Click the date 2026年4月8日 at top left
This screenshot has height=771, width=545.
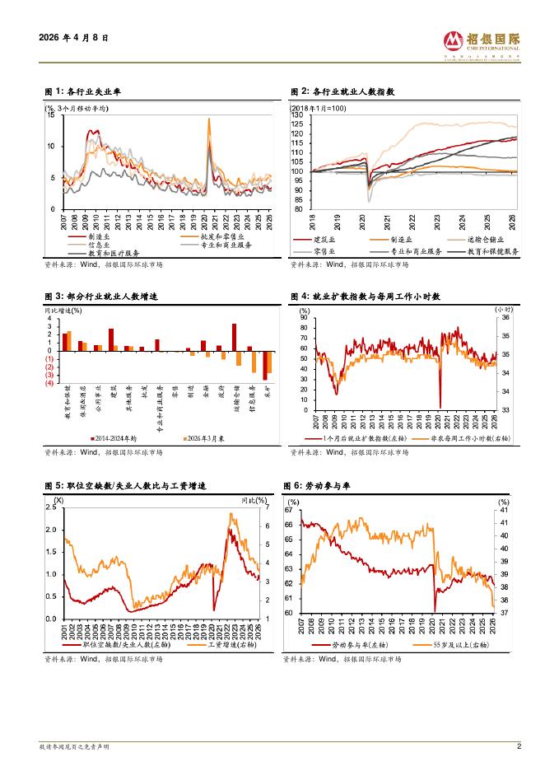73,38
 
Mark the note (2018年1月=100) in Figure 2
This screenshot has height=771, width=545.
318,108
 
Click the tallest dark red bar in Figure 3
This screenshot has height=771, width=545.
235,337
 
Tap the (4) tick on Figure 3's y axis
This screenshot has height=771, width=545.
49,383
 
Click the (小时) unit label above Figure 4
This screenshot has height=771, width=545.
505,309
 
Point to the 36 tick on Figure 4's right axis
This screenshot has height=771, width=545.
506,317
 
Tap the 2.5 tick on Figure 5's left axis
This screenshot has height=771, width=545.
51,507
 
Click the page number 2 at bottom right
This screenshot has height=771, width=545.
519,746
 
